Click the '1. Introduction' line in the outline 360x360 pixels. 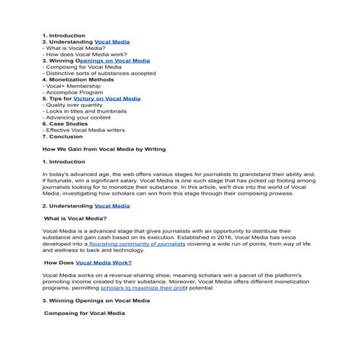[x=63, y=36]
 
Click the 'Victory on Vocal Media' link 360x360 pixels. [x=112, y=98]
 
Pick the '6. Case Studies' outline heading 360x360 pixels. [x=66, y=124]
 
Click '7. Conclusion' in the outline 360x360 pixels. [x=63, y=136]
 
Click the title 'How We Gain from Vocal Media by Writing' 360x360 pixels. [x=104, y=149]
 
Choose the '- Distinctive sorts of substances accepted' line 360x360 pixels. [x=99, y=73]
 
